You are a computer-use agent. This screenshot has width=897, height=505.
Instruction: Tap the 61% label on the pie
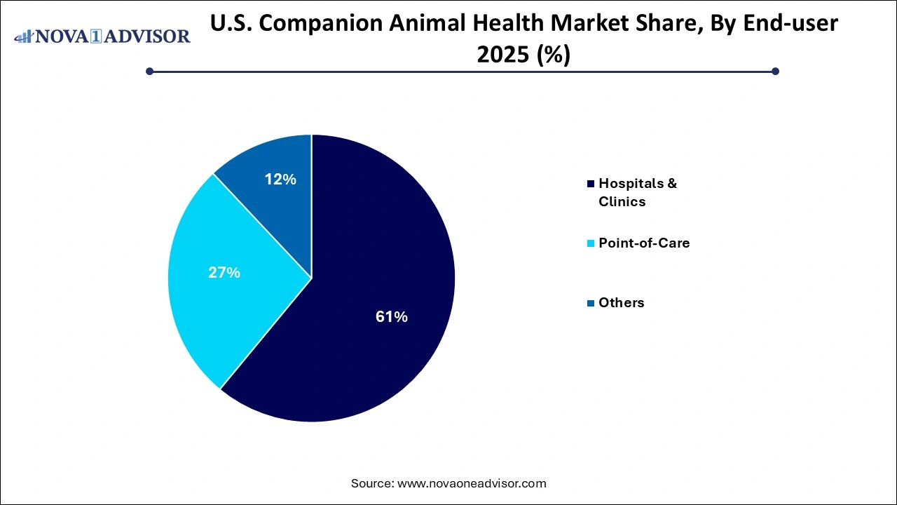391,317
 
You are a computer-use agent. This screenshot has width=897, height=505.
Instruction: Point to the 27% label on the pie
224,273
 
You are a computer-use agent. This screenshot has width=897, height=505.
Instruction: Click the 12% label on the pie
280,180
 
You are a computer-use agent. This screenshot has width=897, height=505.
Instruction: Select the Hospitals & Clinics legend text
637,192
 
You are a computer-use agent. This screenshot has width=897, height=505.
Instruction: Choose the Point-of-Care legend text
643,243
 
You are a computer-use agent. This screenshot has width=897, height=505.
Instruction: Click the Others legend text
621,302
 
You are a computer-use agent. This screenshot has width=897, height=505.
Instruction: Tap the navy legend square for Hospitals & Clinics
591,184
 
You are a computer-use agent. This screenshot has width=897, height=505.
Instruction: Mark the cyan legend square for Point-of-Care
591,243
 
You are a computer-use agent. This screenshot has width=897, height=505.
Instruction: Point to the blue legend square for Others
591,303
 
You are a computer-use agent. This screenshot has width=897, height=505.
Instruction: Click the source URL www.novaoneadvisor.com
472,483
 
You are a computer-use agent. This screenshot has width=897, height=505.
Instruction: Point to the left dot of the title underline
149,71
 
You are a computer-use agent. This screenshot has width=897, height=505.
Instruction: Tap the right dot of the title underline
775,71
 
